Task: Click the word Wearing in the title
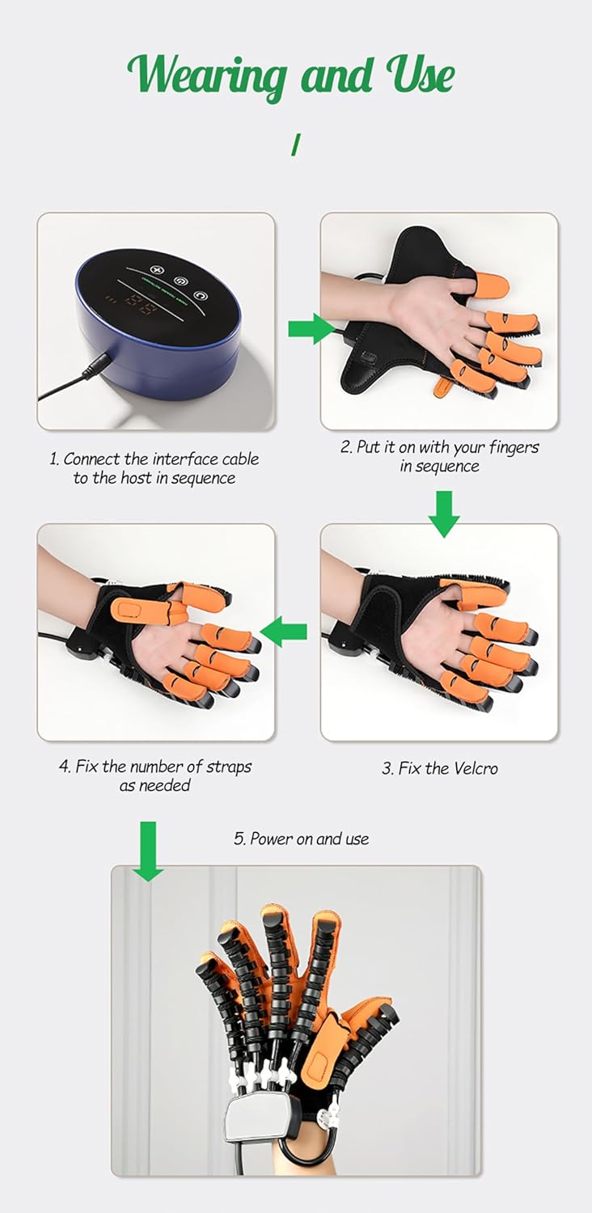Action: coord(206,75)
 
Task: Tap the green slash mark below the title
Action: coord(296,145)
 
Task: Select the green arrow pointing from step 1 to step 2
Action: coord(311,329)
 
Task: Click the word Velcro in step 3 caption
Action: coord(474,768)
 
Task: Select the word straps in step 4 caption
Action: coord(229,767)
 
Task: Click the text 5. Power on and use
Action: coord(302,839)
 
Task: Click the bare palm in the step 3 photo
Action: coord(424,639)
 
